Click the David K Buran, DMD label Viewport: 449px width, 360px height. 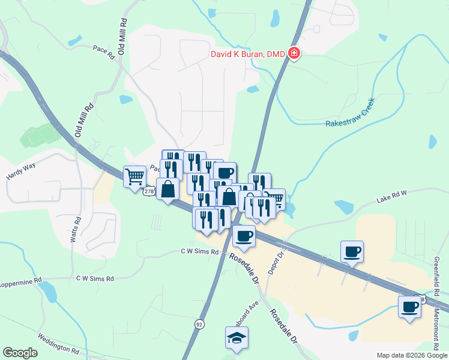(x=247, y=54)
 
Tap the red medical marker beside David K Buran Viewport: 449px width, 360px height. (x=294, y=54)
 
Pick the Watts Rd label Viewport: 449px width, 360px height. (x=75, y=230)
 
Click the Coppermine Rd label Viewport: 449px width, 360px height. (x=20, y=280)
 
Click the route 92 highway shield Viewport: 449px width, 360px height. (x=199, y=323)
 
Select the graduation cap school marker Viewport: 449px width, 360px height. (x=237, y=338)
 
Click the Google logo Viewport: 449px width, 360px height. (x=20, y=353)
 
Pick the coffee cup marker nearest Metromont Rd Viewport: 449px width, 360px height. (x=410, y=307)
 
